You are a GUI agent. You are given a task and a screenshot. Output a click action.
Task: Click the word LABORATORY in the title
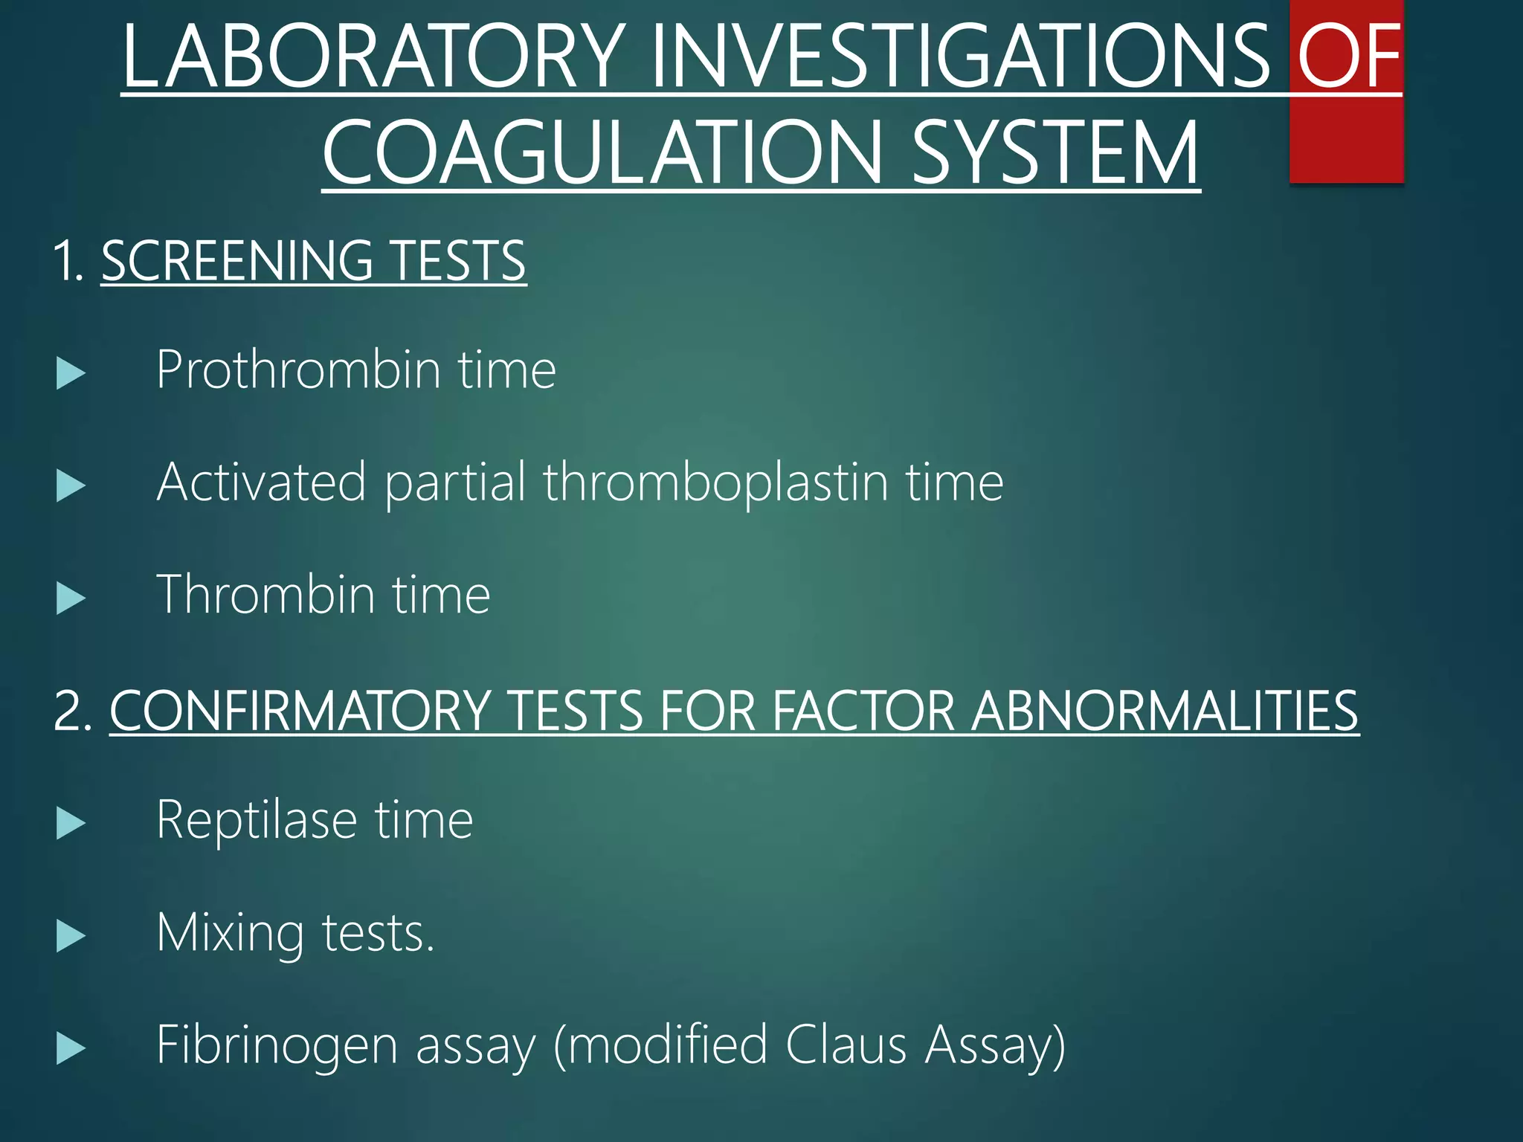pyautogui.click(x=372, y=57)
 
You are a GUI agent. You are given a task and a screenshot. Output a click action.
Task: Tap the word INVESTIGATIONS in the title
pyautogui.click(x=960, y=57)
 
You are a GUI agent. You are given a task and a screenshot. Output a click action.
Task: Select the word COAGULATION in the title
pyautogui.click(x=602, y=153)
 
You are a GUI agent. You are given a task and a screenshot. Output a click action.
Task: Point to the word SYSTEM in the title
pyautogui.click(x=1055, y=153)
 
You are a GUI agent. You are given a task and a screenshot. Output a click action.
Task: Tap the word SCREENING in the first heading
pyautogui.click(x=237, y=261)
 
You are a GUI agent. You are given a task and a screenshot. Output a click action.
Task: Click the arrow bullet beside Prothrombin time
pyautogui.click(x=71, y=373)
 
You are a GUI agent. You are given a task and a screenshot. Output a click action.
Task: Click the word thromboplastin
pyautogui.click(x=716, y=483)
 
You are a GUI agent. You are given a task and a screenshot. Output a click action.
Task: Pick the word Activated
pyautogui.click(x=262, y=483)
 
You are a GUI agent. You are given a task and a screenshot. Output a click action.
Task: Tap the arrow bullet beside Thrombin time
pyautogui.click(x=71, y=599)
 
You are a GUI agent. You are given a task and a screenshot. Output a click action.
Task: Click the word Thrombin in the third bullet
pyautogui.click(x=265, y=595)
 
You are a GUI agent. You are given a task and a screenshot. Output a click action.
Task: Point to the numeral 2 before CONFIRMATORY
pyautogui.click(x=72, y=712)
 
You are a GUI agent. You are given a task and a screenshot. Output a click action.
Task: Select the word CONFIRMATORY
pyautogui.click(x=300, y=712)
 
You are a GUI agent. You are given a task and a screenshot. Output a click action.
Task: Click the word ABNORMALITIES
pyautogui.click(x=1165, y=712)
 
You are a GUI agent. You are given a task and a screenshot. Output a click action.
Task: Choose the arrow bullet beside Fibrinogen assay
pyautogui.click(x=71, y=1049)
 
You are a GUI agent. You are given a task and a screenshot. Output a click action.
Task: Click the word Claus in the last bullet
pyautogui.click(x=846, y=1045)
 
